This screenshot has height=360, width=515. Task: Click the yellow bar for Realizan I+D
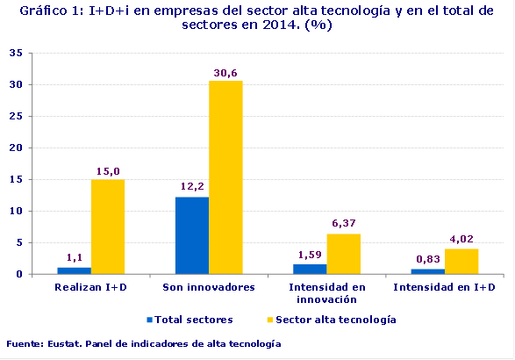pos(108,227)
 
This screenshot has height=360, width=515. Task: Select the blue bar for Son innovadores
pos(192,235)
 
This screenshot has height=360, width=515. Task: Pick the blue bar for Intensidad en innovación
pos(310,269)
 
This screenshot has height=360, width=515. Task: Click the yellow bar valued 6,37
pos(343,254)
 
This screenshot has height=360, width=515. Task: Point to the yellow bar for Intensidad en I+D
pos(461,261)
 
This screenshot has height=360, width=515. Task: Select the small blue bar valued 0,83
pos(427,271)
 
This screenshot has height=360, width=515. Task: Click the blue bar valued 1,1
pos(75,270)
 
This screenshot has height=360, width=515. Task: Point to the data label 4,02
pos(462,241)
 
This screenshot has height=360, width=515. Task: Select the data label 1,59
pos(310,256)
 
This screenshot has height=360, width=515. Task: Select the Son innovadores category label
pos(209,287)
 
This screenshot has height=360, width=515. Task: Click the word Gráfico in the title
pos(43,11)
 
